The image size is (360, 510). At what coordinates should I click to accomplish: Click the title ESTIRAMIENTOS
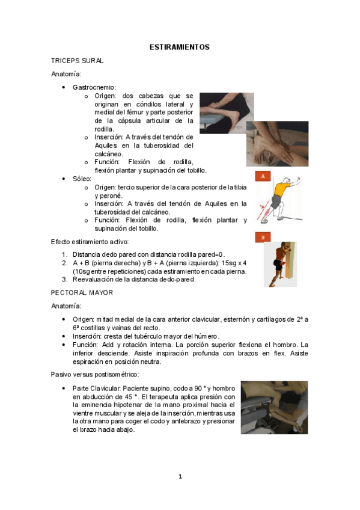(179, 47)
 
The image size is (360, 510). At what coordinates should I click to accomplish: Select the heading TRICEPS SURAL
(78, 61)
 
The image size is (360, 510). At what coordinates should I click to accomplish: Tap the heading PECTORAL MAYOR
(82, 292)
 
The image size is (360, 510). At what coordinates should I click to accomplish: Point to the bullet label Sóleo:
(82, 179)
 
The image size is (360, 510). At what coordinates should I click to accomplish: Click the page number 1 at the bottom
(180, 477)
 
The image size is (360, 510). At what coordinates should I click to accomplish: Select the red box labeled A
(261, 176)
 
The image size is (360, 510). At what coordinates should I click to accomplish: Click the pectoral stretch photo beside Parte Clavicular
(274, 407)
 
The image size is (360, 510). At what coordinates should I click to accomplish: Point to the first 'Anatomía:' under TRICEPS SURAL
(66, 74)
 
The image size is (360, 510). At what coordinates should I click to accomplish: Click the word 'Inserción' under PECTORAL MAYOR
(85, 336)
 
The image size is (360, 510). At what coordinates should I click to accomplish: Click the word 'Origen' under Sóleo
(105, 187)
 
